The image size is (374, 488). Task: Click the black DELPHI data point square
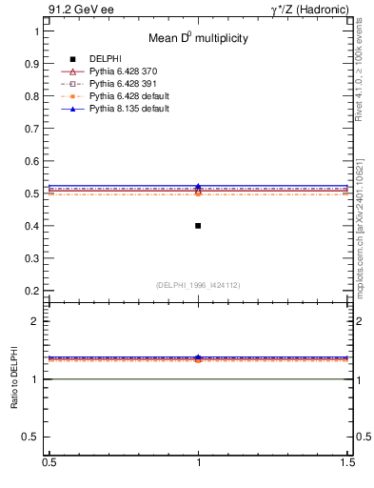click(x=198, y=226)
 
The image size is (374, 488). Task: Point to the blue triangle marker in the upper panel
click(x=198, y=187)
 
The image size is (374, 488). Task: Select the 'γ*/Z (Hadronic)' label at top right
click(x=308, y=10)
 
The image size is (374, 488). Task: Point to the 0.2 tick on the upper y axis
click(x=32, y=291)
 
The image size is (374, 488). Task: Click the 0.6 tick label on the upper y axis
click(x=32, y=161)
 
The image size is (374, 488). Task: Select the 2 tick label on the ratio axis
click(x=37, y=322)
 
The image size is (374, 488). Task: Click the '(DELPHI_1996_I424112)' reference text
click(x=198, y=284)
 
